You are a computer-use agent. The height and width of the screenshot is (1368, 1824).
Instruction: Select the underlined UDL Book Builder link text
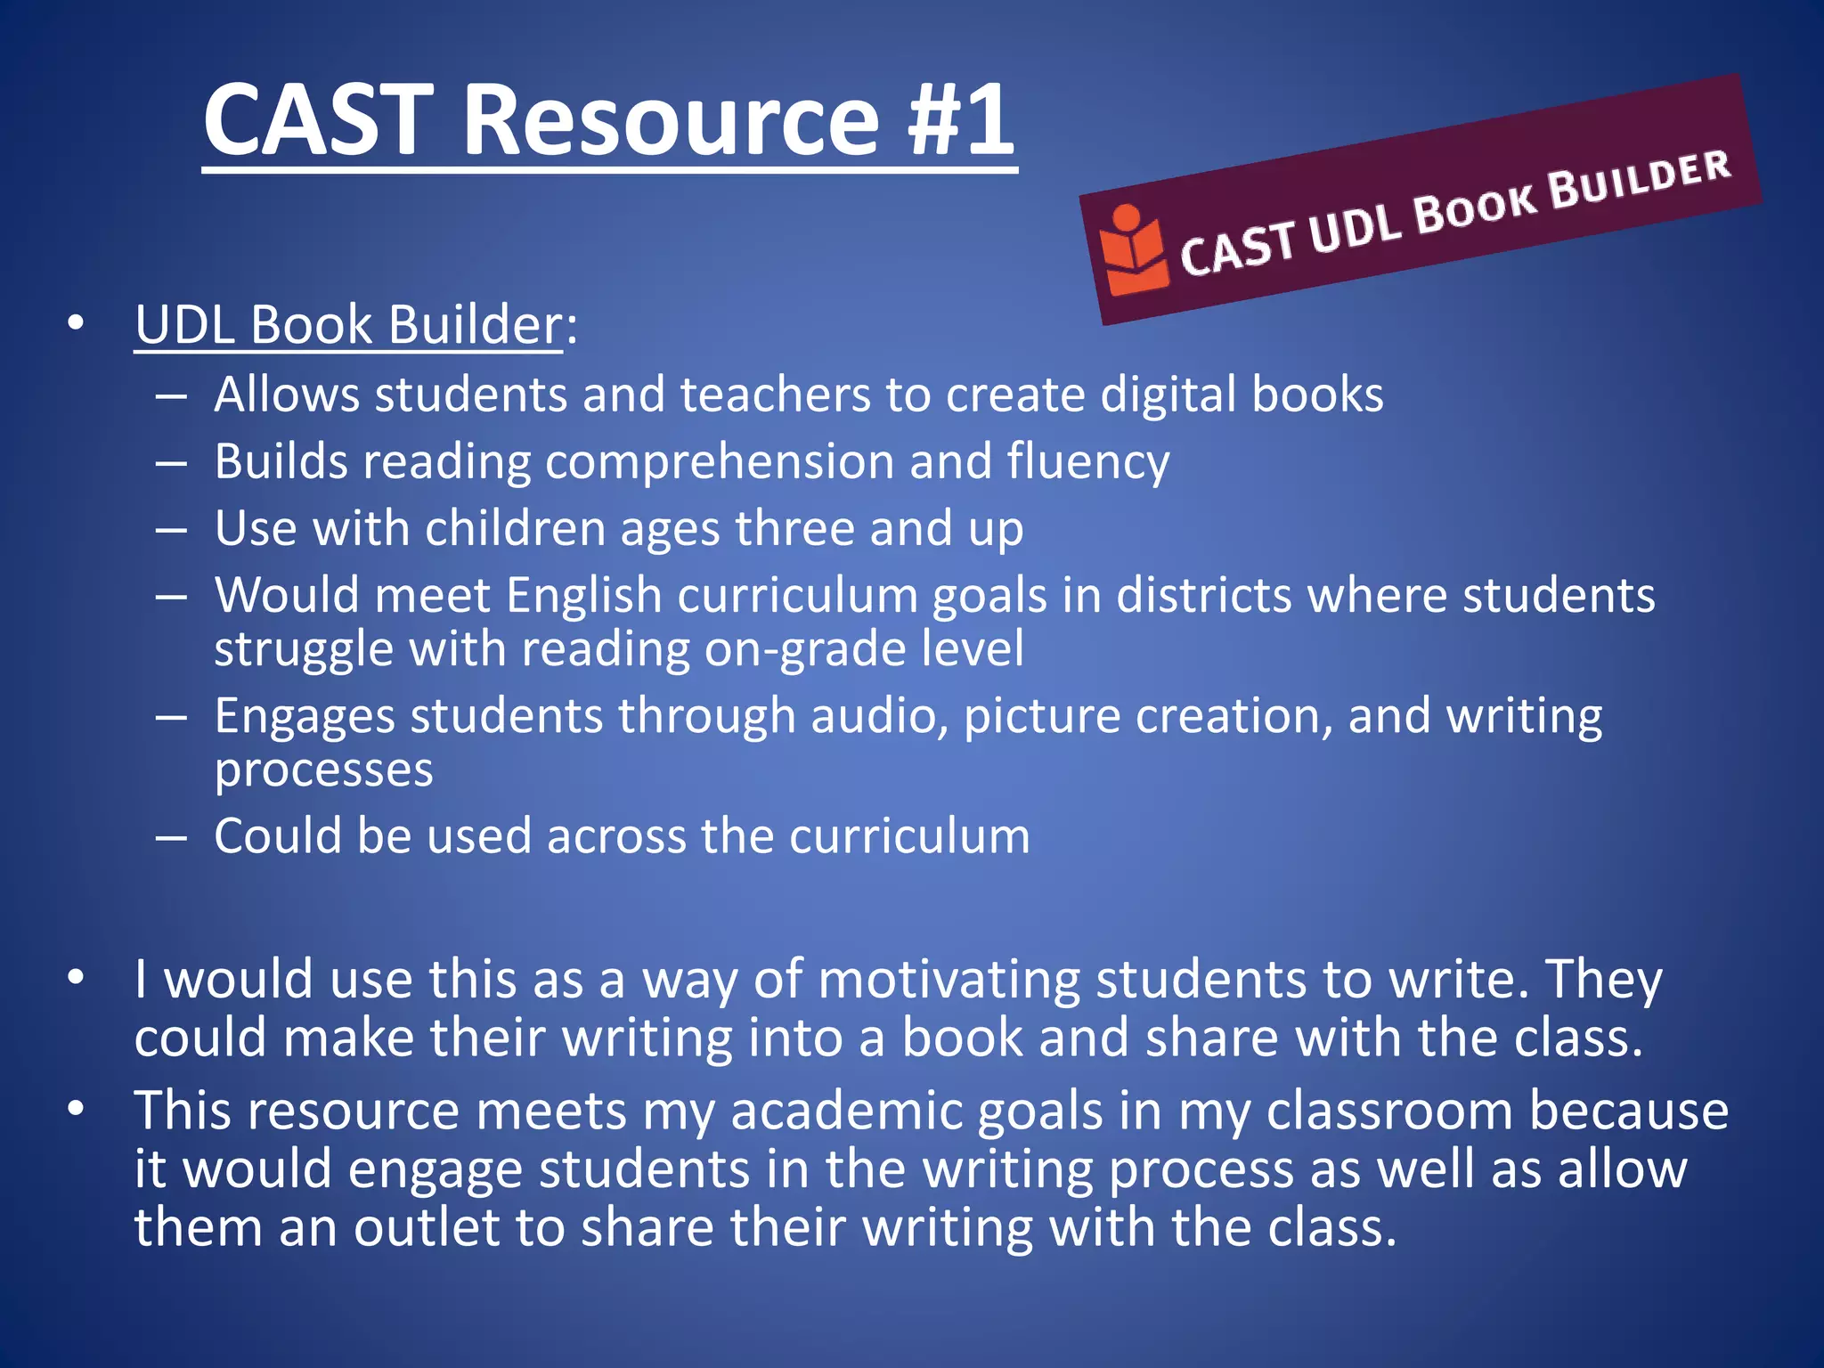coord(348,324)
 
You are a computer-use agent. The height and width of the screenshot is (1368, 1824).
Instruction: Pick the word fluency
coord(1088,462)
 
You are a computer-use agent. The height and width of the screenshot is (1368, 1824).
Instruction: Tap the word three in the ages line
coord(794,528)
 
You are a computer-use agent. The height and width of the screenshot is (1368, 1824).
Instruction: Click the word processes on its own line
coord(323,769)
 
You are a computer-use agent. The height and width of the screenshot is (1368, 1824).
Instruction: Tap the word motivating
coord(949,980)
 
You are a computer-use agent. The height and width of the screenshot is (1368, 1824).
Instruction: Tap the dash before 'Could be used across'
coord(170,837)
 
